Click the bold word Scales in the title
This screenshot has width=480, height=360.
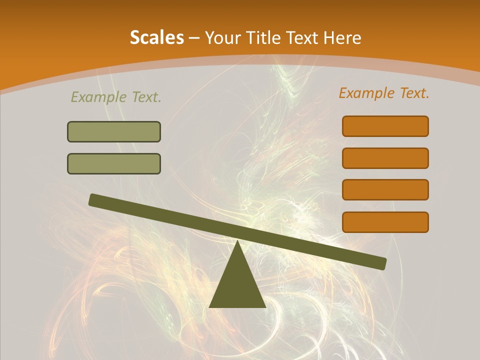coord(157,37)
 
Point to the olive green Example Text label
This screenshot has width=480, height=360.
coord(116,97)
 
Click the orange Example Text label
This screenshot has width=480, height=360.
coord(384,93)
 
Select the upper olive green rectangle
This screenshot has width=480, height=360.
coord(114,131)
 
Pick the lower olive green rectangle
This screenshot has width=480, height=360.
coord(114,163)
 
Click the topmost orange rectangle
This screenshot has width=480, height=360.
coord(385,126)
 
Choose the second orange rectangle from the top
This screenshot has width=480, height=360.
coord(385,158)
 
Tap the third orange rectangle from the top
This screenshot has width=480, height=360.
coord(385,189)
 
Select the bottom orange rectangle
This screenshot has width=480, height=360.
coord(385,222)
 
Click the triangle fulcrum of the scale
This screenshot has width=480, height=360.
coord(237,285)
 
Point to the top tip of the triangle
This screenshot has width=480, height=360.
coord(237,241)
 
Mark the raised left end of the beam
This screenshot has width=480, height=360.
coord(92,199)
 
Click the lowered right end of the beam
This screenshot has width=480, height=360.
coord(382,263)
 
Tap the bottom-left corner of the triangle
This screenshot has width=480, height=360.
coord(210,306)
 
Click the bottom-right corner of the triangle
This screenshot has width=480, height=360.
coord(265,306)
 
